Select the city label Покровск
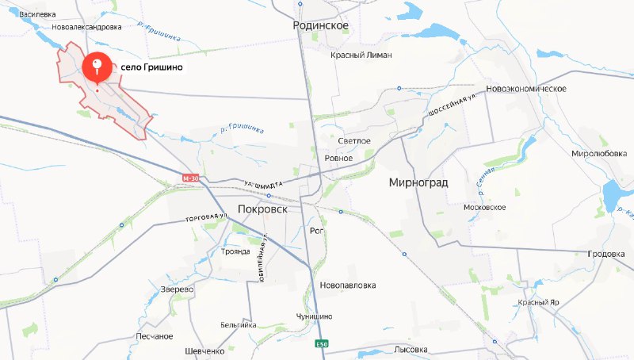(262, 210)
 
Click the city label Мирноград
(418, 182)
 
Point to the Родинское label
(321, 25)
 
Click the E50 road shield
(320, 344)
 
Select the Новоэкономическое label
(526, 88)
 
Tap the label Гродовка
(606, 254)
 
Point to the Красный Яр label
(539, 303)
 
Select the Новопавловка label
(347, 285)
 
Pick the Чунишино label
(315, 316)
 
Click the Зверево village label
(177, 289)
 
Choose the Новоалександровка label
(86, 26)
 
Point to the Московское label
(484, 207)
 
